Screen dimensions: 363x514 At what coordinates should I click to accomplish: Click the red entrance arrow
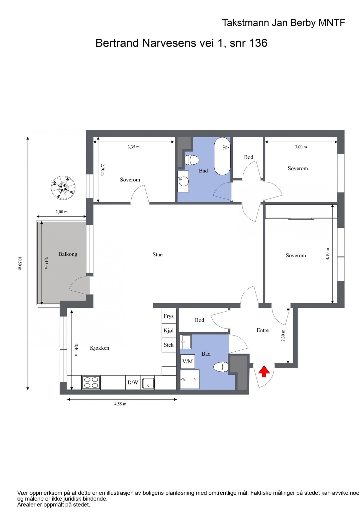coord(264,371)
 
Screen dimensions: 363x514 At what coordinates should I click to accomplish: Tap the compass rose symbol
coord(63,188)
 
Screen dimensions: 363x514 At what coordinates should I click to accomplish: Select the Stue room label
coord(157,254)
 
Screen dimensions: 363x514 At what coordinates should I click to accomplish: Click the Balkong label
coord(68,254)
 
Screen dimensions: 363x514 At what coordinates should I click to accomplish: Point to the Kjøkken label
coord(100,348)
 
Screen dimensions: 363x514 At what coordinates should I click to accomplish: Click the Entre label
coord(262,330)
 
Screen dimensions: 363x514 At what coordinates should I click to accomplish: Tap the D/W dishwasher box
coord(133,382)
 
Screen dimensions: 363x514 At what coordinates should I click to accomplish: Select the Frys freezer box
coord(169,316)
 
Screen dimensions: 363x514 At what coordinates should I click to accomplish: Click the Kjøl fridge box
coord(169,331)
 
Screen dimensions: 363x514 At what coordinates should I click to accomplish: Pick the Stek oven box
coord(169,345)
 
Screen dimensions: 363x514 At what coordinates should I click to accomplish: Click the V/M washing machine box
coord(188,361)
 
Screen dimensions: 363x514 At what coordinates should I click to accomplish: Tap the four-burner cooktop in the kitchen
coord(91,382)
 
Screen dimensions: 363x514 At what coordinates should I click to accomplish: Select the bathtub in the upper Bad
coord(222,156)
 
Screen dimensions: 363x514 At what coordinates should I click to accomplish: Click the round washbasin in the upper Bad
coord(183,181)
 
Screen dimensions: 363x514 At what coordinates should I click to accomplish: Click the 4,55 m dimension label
coord(120,404)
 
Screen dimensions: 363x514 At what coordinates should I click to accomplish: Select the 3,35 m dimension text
coord(134,147)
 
